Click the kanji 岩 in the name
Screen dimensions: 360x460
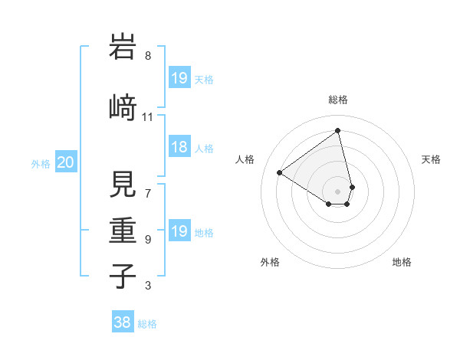click(123, 48)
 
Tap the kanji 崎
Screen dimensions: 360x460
click(123, 107)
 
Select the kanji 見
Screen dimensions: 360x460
click(123, 182)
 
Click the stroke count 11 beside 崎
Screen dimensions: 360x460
click(148, 117)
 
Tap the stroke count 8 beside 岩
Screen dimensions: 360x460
click(148, 56)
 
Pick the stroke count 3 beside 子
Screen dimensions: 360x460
click(148, 286)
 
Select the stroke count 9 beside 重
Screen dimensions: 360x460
click(148, 239)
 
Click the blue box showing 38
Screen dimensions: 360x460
click(123, 322)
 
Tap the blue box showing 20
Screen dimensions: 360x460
click(66, 162)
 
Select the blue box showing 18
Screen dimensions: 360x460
click(179, 147)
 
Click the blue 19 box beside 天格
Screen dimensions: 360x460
click(179, 78)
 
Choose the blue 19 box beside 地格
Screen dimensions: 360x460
click(179, 231)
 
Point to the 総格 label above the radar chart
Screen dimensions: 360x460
click(337, 100)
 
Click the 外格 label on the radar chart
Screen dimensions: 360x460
click(270, 262)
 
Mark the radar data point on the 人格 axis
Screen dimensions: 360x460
click(280, 173)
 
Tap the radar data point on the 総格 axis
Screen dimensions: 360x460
click(337, 130)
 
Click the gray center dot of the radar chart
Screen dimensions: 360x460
click(337, 191)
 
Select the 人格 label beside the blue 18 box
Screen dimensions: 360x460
click(204, 148)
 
